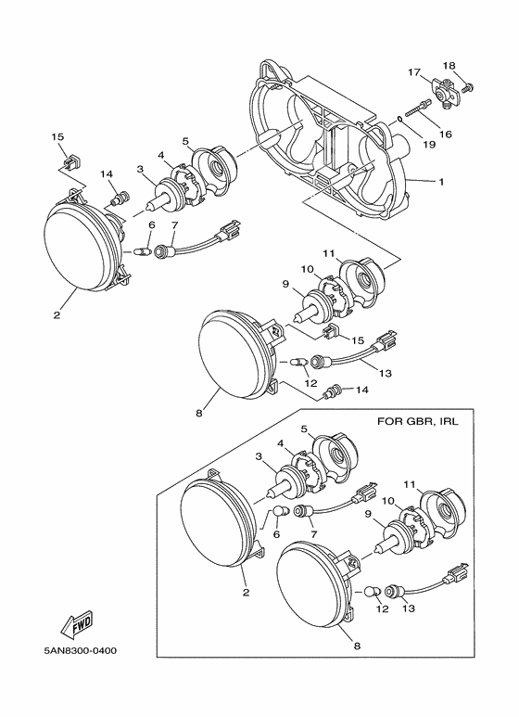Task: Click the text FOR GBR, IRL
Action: (x=417, y=421)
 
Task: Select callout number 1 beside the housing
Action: (x=441, y=182)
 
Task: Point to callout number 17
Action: (x=414, y=72)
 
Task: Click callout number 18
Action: (x=449, y=66)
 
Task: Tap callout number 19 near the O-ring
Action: (x=429, y=145)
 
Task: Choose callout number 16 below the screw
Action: (x=446, y=134)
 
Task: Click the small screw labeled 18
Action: (x=468, y=86)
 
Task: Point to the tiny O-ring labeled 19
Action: (x=399, y=120)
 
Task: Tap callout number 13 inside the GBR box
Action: (x=410, y=608)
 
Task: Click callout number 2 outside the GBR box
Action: (x=57, y=315)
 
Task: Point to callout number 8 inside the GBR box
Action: (x=357, y=647)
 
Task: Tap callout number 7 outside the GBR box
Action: (x=173, y=224)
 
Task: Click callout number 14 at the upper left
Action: (x=107, y=174)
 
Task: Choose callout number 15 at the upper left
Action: (x=57, y=136)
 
